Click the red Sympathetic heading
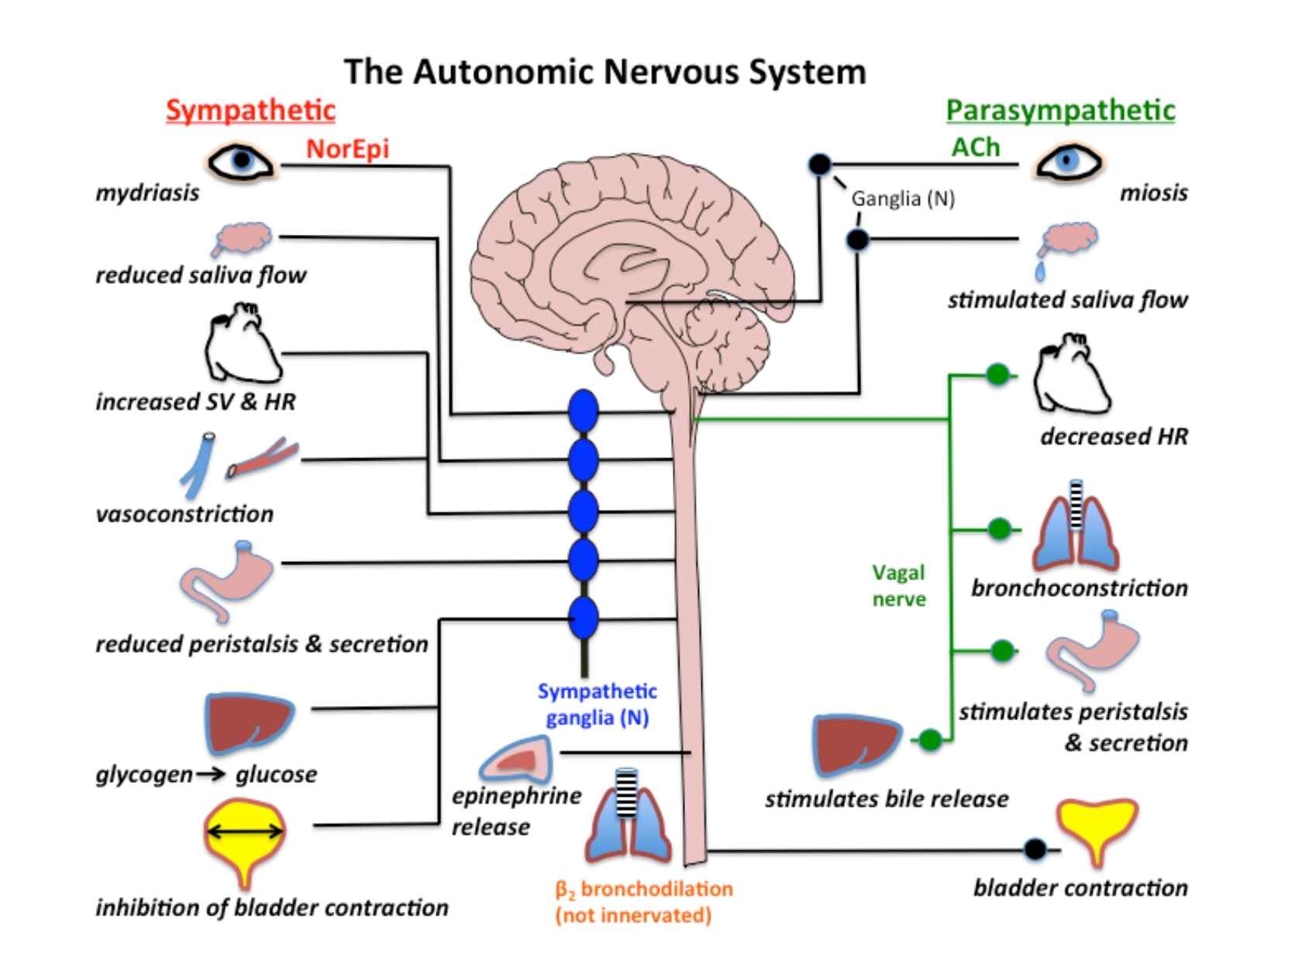tap(250, 110)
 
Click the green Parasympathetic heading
tap(1060, 110)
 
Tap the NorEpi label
tap(347, 148)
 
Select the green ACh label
tap(976, 147)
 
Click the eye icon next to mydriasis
tap(241, 161)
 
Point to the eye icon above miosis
tap(1069, 161)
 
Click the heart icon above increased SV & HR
tap(242, 343)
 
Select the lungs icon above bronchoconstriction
tap(1076, 527)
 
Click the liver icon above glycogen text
tap(249, 722)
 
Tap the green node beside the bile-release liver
tap(930, 740)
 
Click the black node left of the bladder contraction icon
tap(1035, 849)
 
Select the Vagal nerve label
tap(899, 586)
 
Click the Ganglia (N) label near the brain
tap(903, 199)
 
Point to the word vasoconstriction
tap(184, 514)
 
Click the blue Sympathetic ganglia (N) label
tap(597, 704)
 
